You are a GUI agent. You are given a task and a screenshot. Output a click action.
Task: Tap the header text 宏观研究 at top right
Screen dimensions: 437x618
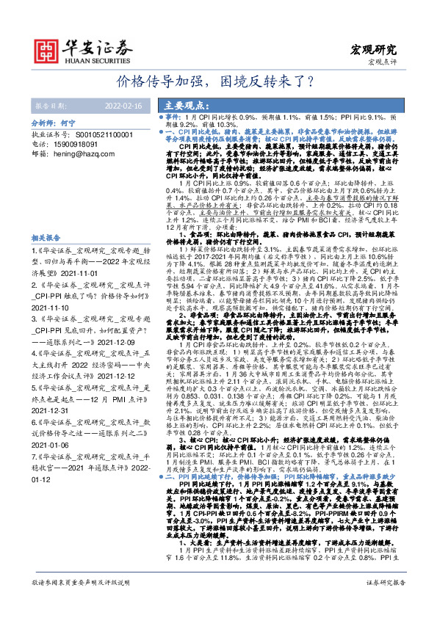coord(375,50)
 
